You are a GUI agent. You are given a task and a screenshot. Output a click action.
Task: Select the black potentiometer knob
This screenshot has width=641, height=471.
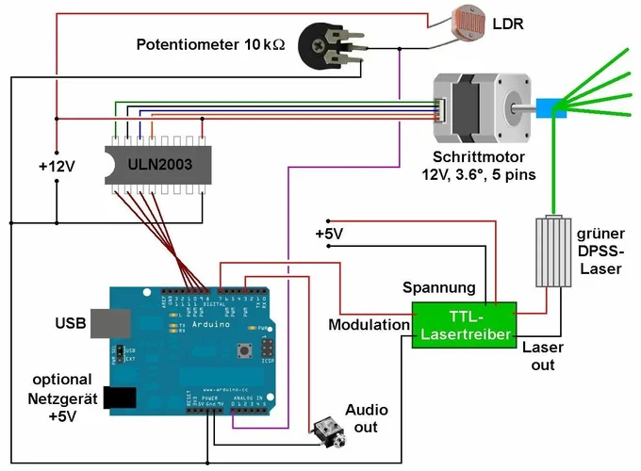[319, 43]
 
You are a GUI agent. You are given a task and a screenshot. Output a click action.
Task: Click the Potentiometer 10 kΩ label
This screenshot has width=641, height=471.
[210, 44]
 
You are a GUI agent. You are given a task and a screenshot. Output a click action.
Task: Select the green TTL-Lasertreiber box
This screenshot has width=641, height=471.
[463, 325]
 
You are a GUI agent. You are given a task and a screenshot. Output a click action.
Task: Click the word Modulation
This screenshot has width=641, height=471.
[369, 325]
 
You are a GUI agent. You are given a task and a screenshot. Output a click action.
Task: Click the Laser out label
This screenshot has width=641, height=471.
[542, 355]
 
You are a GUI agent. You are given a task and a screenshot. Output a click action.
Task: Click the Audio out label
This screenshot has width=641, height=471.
[366, 418]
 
